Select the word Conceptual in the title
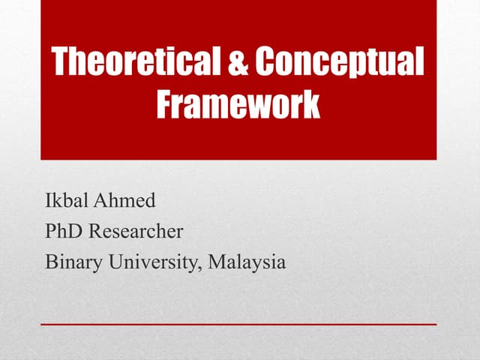tap(339, 63)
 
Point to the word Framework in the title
tap(238, 104)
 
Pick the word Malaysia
tap(247, 263)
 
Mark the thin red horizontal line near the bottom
tap(238, 324)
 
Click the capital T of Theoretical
tap(61, 63)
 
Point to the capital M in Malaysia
tap(217, 262)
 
